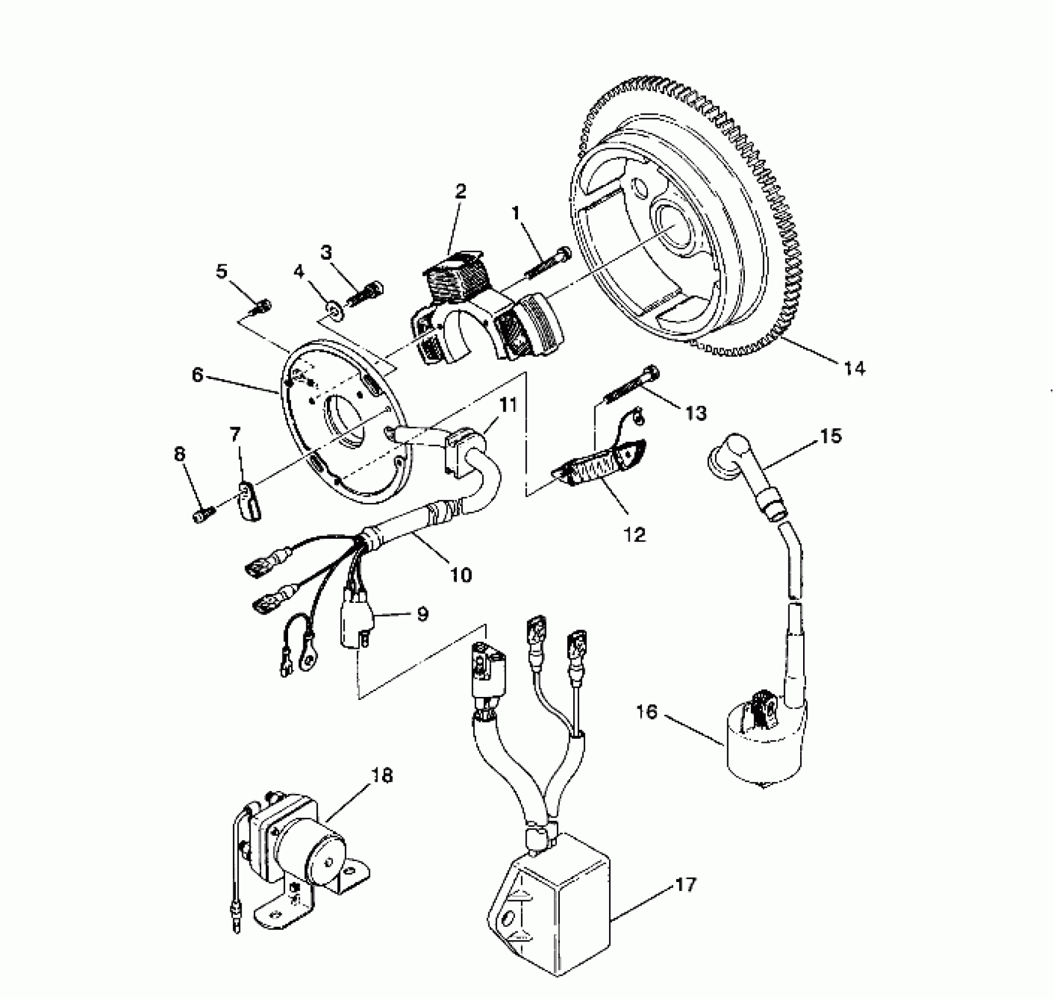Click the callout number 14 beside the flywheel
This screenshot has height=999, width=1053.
[x=854, y=369]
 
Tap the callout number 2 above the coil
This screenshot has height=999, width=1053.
[x=460, y=192]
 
